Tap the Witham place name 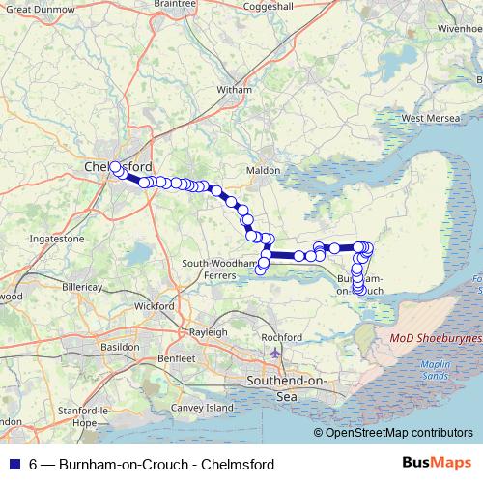click(x=235, y=90)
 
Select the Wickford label click(x=156, y=306)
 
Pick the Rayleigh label click(x=209, y=329)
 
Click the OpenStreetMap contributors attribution click(x=392, y=432)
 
